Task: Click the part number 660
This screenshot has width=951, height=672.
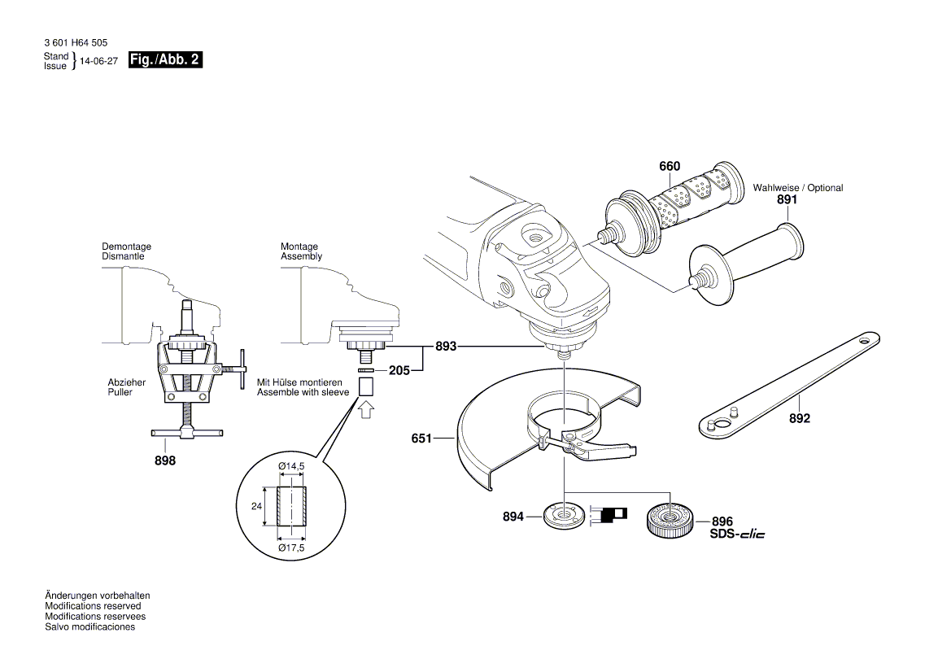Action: (669, 167)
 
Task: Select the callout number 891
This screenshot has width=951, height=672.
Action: (786, 199)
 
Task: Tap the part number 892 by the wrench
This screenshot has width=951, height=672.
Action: (800, 419)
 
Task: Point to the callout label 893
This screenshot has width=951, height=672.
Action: (445, 347)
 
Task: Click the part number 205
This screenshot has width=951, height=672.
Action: (398, 370)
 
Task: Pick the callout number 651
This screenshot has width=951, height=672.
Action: (421, 439)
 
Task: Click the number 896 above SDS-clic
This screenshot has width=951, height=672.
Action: (722, 521)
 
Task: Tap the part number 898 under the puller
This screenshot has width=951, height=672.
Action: (165, 460)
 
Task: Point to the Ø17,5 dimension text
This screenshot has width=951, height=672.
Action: (291, 548)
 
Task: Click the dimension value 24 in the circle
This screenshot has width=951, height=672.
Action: (255, 506)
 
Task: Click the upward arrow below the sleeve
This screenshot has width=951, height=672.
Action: (365, 408)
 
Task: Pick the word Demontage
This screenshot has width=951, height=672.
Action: (126, 247)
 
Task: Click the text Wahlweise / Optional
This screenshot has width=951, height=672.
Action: (797, 188)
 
